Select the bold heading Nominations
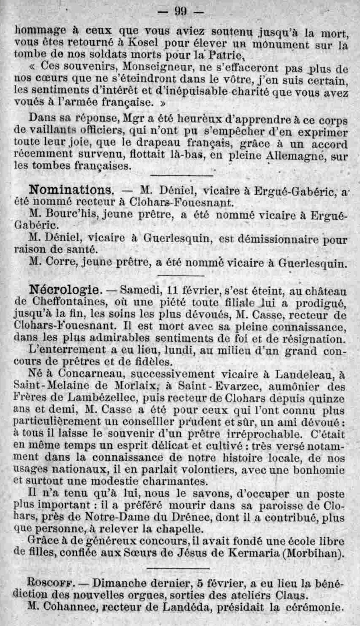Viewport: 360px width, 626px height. [71, 190]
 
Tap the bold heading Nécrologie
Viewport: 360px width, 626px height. [64, 289]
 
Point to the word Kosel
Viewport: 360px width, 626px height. [143, 42]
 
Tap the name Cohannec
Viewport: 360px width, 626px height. [70, 607]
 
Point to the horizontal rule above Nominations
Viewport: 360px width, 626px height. [182, 175]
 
